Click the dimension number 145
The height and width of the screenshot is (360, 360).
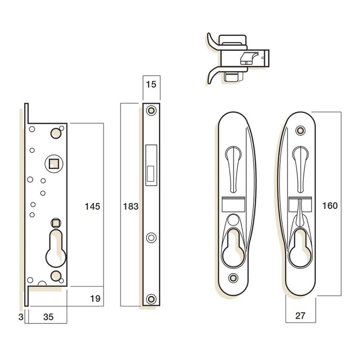92,206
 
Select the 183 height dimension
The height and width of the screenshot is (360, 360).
131,206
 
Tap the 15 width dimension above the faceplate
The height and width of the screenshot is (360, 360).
151,85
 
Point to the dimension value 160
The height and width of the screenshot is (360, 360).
330,205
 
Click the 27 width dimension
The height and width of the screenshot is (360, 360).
300,315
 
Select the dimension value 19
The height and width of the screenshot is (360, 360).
95,299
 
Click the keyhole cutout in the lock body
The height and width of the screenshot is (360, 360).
57,247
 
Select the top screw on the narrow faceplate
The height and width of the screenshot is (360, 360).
151,110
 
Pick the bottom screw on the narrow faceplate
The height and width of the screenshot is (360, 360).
151,299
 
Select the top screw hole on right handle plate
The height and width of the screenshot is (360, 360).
300,130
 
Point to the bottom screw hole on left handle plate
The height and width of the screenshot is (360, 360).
234,277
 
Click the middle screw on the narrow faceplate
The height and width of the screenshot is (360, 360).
151,237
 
